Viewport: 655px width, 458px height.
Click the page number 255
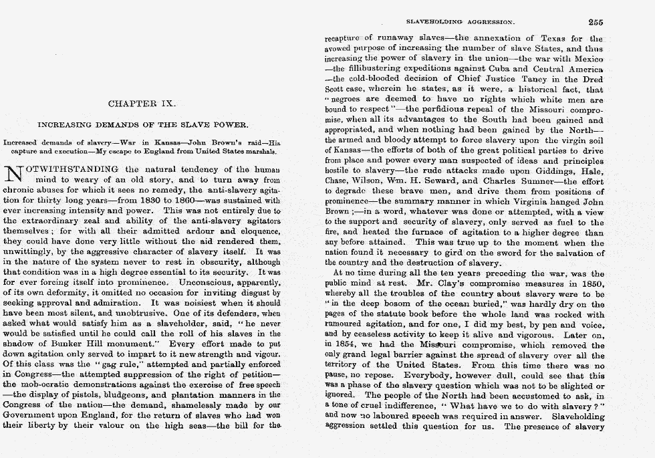tap(596, 22)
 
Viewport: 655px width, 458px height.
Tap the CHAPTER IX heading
tap(141, 104)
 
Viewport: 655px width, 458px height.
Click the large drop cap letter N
tap(14, 174)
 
